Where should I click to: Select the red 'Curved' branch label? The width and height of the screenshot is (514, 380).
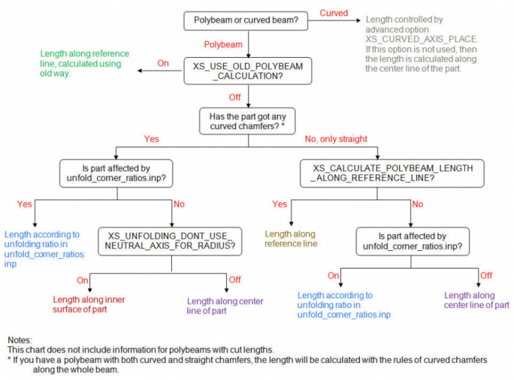(x=333, y=13)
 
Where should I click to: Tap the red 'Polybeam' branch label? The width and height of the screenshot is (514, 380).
(x=223, y=44)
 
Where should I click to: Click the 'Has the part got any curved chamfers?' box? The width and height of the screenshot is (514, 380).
(x=242, y=121)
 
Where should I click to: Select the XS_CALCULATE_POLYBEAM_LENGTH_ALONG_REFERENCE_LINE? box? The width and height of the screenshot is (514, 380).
(x=392, y=173)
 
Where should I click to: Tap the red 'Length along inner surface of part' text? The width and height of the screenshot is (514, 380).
(x=89, y=305)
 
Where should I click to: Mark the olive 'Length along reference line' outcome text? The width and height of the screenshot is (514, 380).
(x=291, y=239)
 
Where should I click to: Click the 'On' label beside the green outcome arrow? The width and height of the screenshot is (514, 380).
(x=163, y=63)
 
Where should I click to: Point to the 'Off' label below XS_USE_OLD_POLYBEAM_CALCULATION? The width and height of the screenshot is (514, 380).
(x=235, y=97)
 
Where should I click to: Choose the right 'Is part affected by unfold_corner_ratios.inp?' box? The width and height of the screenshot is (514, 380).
(x=412, y=241)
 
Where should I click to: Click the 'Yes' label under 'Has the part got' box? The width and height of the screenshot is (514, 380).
(x=151, y=139)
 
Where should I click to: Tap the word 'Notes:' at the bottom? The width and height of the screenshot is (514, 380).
(x=20, y=341)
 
